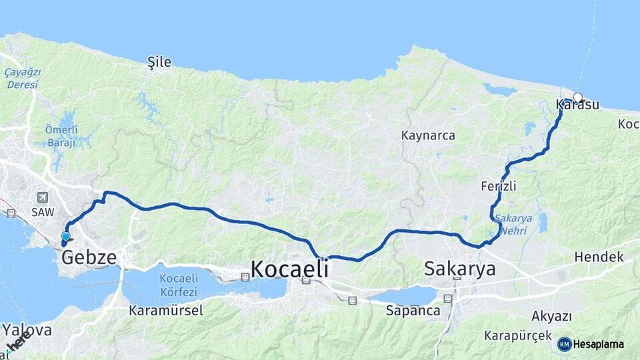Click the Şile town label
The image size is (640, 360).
click(159, 63)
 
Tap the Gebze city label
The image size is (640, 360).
click(89, 257)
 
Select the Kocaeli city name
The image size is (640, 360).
click(289, 269)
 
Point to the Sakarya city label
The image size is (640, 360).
click(460, 269)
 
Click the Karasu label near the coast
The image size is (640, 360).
click(577, 105)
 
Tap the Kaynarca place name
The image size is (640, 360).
click(428, 135)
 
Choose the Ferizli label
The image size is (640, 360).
click(499, 186)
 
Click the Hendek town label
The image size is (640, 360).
click(599, 257)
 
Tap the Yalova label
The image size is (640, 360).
click(27, 331)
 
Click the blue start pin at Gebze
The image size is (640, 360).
click(65, 236)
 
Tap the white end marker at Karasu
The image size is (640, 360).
click(578, 97)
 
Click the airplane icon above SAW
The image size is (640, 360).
click(43, 197)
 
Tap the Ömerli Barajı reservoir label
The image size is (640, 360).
click(61, 135)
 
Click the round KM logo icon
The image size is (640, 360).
click(565, 344)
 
